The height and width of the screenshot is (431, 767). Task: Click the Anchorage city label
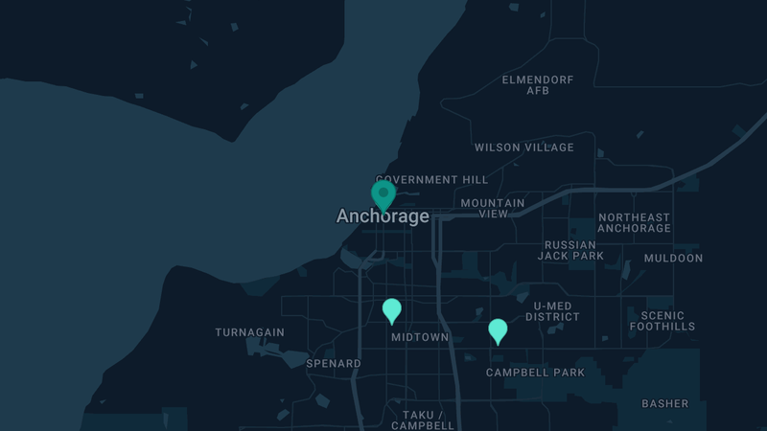(x=383, y=216)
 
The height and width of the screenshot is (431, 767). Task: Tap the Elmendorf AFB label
(x=537, y=85)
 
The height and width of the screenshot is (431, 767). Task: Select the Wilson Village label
(x=524, y=147)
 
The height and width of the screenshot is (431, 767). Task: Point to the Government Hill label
(x=431, y=180)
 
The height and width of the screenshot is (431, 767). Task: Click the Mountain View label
(x=493, y=209)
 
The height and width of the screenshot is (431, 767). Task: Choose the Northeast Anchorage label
(x=634, y=223)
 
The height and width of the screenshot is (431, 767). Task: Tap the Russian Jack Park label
(x=570, y=251)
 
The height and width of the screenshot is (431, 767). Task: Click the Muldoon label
(x=673, y=259)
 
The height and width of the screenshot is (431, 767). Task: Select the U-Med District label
(x=552, y=311)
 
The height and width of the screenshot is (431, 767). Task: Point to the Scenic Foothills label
(x=662, y=321)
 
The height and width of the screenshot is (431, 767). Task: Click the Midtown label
(x=420, y=337)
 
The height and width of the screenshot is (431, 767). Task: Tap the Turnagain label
(x=249, y=332)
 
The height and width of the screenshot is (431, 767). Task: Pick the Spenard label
(x=334, y=364)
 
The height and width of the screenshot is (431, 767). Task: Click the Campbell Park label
(x=535, y=373)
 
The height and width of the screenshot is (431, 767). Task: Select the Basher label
(x=665, y=404)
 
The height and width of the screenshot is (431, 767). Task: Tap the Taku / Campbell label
(x=422, y=420)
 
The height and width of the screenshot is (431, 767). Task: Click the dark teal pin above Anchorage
(x=383, y=194)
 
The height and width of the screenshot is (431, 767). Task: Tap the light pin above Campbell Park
(x=498, y=330)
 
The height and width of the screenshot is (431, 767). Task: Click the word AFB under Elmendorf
(x=537, y=91)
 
